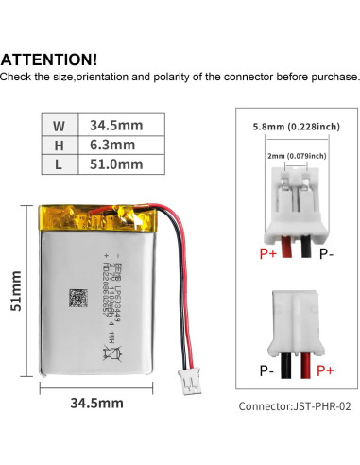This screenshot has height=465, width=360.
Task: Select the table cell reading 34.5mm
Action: point(115,124)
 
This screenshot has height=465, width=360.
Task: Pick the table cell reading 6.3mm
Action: point(111,144)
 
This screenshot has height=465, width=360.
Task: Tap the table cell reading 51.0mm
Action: point(115,164)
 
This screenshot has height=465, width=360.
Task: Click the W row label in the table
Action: point(58,124)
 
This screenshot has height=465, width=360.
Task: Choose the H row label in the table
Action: point(58,144)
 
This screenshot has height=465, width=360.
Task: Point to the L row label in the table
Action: point(58,164)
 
